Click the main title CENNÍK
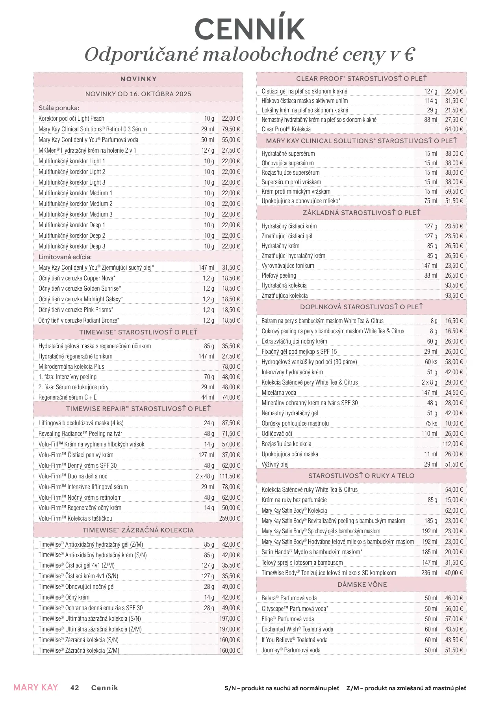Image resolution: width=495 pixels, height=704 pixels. pos(250,29)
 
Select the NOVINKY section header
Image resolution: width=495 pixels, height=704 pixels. pos(138,79)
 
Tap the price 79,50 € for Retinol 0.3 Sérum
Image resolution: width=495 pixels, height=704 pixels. pos(231,129)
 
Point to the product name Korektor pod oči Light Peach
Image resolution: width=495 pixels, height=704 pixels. pos(71,118)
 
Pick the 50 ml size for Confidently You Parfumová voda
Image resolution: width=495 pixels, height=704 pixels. pos(208,140)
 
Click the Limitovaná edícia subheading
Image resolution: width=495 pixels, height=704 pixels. pos(65,257)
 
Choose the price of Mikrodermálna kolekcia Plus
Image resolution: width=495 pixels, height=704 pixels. pos(231,366)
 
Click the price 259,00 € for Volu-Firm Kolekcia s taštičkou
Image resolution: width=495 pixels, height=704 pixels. pos(229,518)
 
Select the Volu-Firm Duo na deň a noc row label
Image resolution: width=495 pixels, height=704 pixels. pos(73,476)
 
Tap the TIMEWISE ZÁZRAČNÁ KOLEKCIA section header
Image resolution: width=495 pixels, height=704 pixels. pos(138,530)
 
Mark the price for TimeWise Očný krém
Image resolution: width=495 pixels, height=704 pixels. pos(231,597)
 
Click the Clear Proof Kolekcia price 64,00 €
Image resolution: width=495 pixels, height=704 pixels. pos(454,129)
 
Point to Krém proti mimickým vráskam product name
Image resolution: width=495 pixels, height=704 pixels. pos(296,191)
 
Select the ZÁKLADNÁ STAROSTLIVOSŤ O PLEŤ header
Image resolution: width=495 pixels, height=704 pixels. pos(362,213)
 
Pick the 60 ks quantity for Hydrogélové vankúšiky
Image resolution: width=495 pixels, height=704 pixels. pos(431,362)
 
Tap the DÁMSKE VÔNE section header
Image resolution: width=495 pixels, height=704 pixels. pos(362,584)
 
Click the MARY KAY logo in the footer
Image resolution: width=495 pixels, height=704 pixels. pos(35,687)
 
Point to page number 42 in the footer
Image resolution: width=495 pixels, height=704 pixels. pos(74,688)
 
